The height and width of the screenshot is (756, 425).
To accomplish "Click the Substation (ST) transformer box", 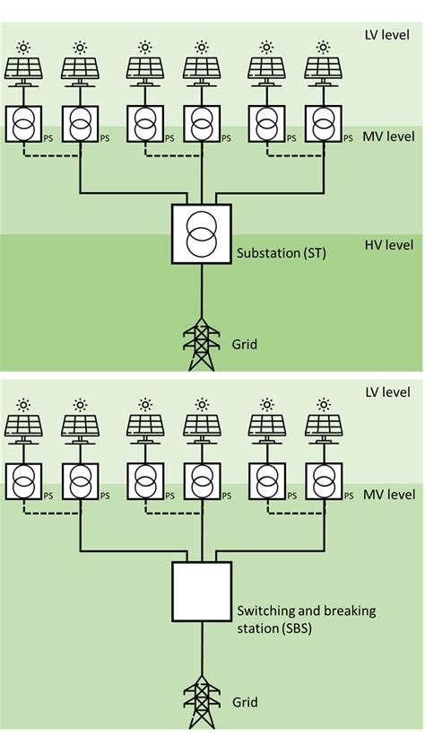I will click(x=201, y=234).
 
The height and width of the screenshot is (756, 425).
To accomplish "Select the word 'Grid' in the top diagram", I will click(x=244, y=342).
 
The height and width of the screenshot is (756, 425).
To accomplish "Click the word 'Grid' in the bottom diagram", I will click(x=244, y=703).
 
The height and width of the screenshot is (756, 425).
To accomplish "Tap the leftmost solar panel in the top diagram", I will click(x=24, y=69).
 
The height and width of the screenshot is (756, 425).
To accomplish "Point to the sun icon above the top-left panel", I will click(x=24, y=47).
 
